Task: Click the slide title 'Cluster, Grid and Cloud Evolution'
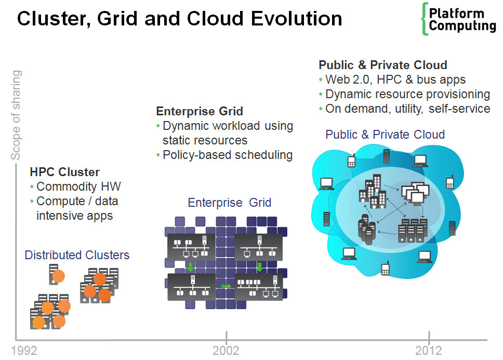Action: coord(179,19)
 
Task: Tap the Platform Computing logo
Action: coord(459,20)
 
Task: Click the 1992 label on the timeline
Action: coord(24,351)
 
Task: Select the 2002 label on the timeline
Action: coord(226,351)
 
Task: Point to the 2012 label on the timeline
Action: coord(429,351)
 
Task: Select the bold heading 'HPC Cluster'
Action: coord(64,172)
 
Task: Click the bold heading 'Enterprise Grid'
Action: coord(200,111)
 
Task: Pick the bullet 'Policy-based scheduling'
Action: coord(228,155)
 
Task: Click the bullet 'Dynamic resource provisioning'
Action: coord(407,94)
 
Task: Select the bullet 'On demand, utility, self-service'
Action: coord(407,109)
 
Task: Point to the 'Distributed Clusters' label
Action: coord(77,255)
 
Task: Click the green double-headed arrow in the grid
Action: coord(226,286)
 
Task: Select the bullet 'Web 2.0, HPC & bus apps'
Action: coord(395,79)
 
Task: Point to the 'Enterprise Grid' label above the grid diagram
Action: coord(229,203)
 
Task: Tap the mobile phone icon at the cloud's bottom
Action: coord(385,269)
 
